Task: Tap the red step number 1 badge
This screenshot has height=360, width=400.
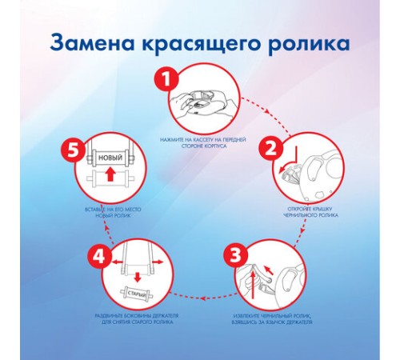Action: point(164,81)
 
